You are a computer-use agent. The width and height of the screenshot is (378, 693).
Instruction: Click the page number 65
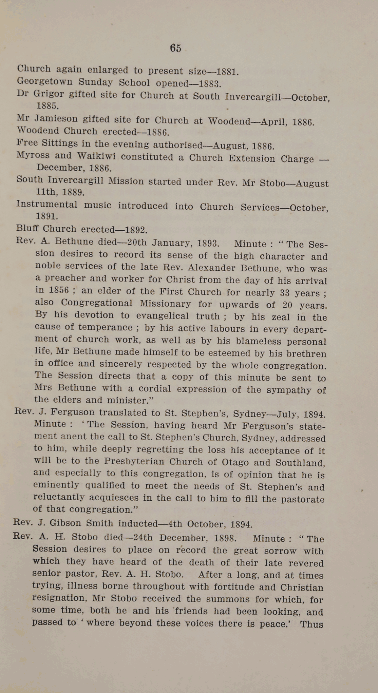click(x=175, y=48)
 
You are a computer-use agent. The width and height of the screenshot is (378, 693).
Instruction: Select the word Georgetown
click(x=45, y=82)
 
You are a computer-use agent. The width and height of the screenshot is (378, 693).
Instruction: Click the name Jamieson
click(x=56, y=119)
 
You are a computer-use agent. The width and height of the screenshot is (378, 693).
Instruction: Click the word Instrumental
click(x=47, y=205)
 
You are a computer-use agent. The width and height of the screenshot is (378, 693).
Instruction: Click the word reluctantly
click(x=58, y=498)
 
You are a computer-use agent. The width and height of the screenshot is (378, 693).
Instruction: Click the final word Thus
click(x=311, y=624)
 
